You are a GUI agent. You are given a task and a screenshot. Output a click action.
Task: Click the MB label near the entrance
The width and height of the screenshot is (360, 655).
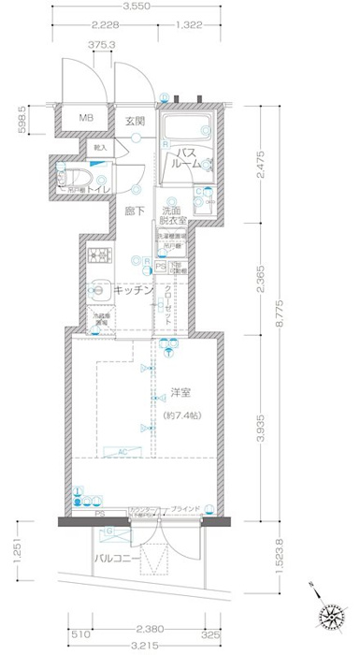click(x=86, y=119)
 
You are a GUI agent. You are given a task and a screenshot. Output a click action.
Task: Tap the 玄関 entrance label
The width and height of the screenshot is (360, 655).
click(x=136, y=121)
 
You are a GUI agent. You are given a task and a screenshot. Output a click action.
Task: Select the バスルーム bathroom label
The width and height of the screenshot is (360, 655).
click(x=185, y=158)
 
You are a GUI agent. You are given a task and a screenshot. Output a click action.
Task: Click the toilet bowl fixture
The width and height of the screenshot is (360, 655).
click(x=78, y=178)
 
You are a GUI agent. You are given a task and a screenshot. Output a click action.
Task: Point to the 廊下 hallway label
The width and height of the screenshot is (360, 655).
click(x=136, y=212)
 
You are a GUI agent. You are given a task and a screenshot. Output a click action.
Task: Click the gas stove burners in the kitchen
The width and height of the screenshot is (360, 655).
click(x=98, y=255)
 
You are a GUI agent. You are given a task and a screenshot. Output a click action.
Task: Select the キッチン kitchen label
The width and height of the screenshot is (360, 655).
click(x=132, y=292)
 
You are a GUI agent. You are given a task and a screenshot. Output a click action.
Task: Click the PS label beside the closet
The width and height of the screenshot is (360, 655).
click(x=161, y=266)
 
